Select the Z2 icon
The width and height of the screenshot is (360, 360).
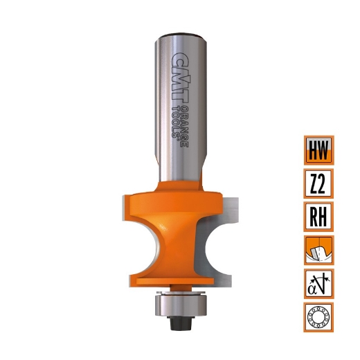[x=318, y=183]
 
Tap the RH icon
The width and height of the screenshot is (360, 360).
[x=318, y=217]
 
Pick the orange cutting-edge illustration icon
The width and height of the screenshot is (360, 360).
[x=318, y=250]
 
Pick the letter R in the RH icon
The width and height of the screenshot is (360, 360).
[x=312, y=217]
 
